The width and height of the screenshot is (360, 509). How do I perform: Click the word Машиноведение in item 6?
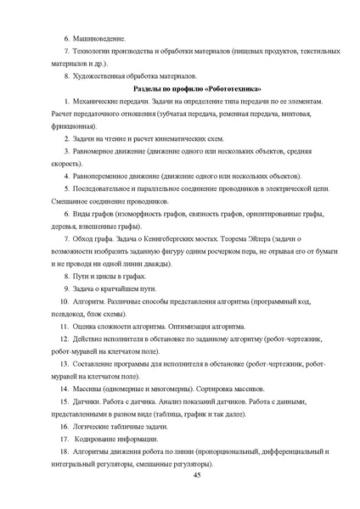[x=101, y=39]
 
